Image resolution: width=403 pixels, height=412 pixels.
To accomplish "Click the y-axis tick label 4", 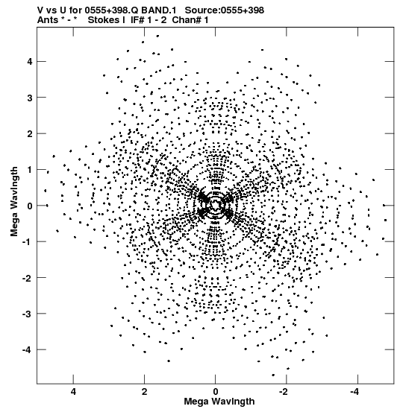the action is (29, 62).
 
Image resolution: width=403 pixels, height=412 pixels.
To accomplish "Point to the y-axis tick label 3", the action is (29, 98).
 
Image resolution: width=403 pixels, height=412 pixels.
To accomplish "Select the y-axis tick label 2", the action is (29, 134).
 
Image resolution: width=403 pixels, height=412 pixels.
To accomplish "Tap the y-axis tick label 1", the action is (29, 170).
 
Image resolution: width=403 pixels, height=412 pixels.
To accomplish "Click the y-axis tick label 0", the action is (29, 206).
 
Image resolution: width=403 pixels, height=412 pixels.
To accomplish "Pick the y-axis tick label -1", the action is (27, 241).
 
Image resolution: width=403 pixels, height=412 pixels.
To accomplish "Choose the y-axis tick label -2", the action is (27, 278).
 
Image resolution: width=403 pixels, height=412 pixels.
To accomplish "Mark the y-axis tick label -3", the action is (27, 314).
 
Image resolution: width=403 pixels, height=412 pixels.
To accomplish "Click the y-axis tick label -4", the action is (27, 349).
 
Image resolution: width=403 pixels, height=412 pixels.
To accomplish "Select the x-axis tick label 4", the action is (73, 392).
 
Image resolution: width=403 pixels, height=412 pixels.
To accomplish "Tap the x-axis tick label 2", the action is (144, 392).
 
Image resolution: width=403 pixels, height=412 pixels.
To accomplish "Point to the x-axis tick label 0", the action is (216, 392).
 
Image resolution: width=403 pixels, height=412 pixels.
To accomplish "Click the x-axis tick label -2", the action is (284, 392).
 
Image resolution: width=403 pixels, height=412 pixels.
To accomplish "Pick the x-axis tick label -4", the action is (355, 392).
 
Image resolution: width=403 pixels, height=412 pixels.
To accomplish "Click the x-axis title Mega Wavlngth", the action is (219, 402).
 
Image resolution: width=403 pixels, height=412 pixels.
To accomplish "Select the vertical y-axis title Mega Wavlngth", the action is (14, 201).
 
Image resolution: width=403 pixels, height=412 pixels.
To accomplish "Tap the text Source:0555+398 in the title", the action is (225, 10).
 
